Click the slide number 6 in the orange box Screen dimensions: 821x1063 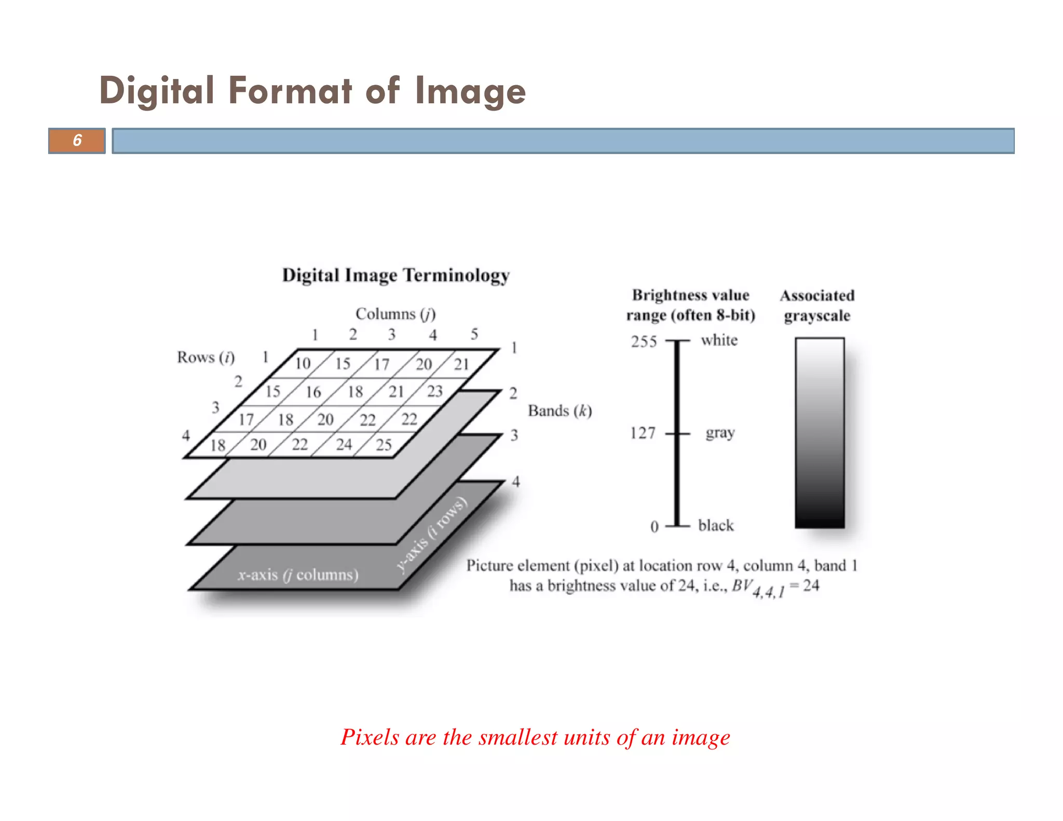(x=77, y=140)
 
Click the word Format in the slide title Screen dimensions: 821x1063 (x=290, y=91)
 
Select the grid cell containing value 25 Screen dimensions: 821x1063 (x=384, y=445)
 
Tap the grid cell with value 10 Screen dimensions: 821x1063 (x=303, y=363)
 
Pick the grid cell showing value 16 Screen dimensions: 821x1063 (x=313, y=392)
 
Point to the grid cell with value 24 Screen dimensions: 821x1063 (x=344, y=444)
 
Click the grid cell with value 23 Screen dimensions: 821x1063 (x=435, y=391)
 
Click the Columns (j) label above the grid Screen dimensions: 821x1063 (x=396, y=314)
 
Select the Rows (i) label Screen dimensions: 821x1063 (x=206, y=358)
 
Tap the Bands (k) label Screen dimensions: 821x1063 (x=560, y=411)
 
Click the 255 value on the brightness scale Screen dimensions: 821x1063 (x=644, y=341)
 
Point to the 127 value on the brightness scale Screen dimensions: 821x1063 (x=643, y=433)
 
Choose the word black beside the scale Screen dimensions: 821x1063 (x=716, y=526)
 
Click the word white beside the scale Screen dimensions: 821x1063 (x=719, y=340)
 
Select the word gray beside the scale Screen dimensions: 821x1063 (x=720, y=433)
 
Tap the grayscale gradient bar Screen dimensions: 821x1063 (x=820, y=433)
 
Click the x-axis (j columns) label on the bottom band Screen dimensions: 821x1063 (x=298, y=575)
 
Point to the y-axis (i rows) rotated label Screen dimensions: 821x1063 (x=432, y=535)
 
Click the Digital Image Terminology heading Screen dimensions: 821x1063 (x=396, y=275)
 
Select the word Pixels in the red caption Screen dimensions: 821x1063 (x=370, y=737)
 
